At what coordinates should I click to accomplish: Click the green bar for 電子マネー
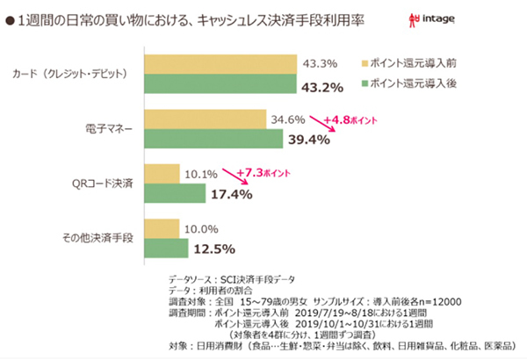212,139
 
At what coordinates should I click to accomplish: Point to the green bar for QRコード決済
173,191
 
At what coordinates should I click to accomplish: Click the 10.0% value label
202,227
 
